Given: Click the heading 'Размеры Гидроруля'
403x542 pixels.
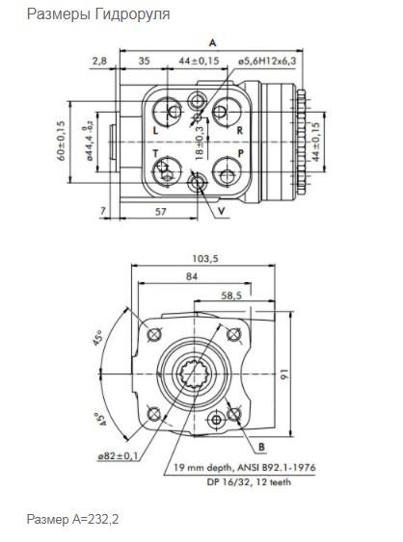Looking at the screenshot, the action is pyautogui.click(x=98, y=14).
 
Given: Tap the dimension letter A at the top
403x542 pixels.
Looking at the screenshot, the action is pyautogui.click(x=212, y=43).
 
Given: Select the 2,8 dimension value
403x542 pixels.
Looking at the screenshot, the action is pyautogui.click(x=99, y=62).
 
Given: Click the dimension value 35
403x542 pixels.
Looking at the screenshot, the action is pyautogui.click(x=144, y=61).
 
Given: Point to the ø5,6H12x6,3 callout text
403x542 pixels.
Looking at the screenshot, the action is pyautogui.click(x=267, y=62).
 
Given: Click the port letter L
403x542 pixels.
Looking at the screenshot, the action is pyautogui.click(x=155, y=130).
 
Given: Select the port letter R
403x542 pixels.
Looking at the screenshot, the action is pyautogui.click(x=240, y=130).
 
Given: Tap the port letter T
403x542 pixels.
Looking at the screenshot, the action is pyautogui.click(x=155, y=153).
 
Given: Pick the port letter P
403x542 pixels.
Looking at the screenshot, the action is pyautogui.click(x=241, y=153).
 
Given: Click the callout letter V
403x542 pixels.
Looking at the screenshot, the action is pyautogui.click(x=222, y=211).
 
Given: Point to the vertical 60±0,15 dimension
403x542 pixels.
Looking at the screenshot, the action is pyautogui.click(x=61, y=141).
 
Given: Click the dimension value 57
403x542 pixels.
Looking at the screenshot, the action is pyautogui.click(x=161, y=211).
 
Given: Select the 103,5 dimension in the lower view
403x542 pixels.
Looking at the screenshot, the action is pyautogui.click(x=205, y=258).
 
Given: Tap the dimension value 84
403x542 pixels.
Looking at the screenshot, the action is pyautogui.click(x=192, y=276).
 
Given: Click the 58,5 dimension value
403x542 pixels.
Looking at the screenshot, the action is pyautogui.click(x=231, y=296).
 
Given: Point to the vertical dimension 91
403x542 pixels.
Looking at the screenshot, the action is pyautogui.click(x=284, y=374).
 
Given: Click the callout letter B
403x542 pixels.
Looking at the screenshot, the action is pyautogui.click(x=261, y=447).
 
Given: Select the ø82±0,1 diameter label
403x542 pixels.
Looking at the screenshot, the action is pyautogui.click(x=118, y=456).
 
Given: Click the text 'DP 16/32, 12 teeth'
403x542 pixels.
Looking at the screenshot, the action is pyautogui.click(x=249, y=481).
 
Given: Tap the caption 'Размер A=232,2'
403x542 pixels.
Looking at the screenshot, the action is pyautogui.click(x=72, y=519).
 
